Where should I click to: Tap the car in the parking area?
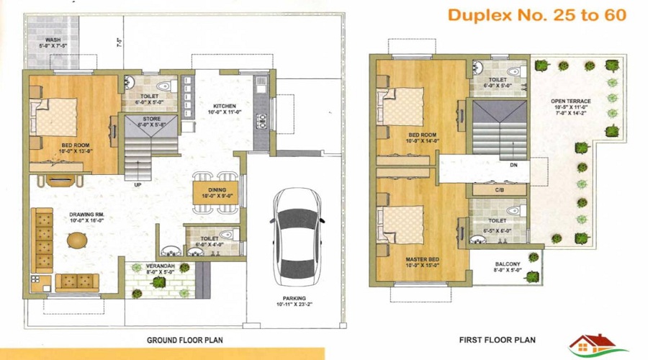(x=292, y=233)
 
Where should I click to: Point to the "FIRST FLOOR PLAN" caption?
(x=497, y=339)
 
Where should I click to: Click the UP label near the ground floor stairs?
(x=137, y=185)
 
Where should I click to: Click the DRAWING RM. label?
(x=89, y=217)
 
